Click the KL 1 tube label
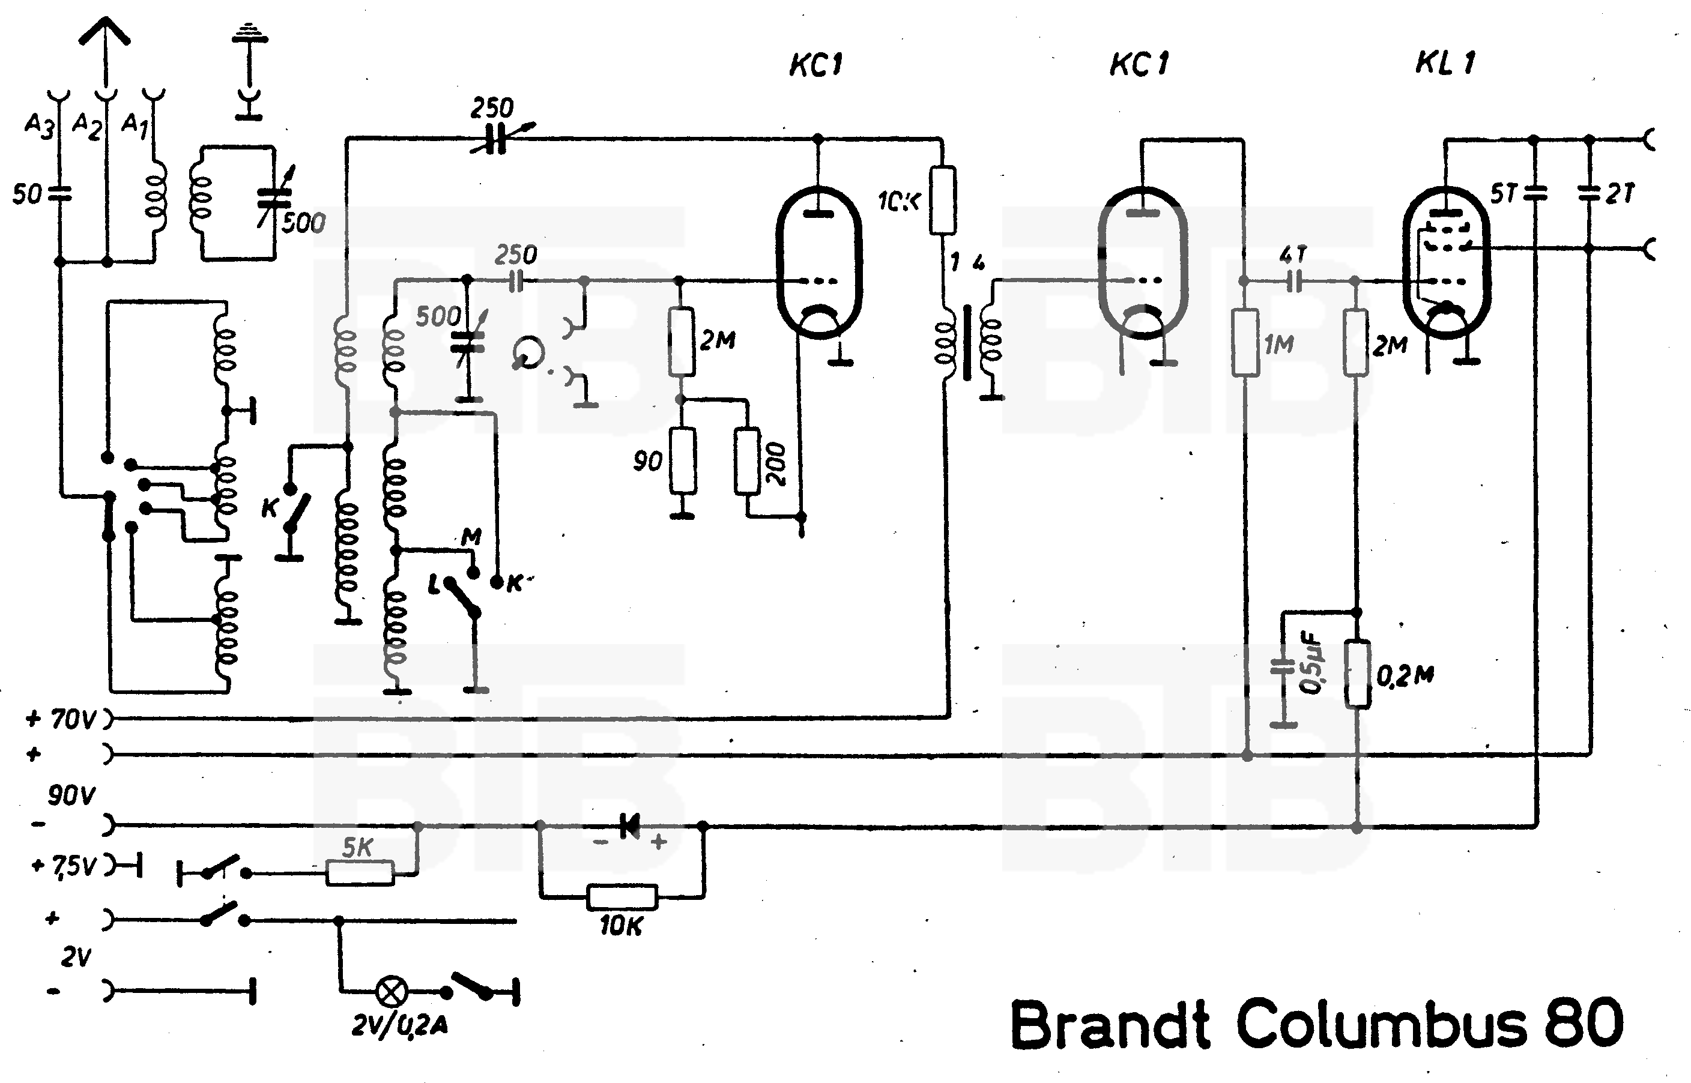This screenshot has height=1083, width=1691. coord(1445,63)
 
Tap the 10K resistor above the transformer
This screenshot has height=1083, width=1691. coord(943,201)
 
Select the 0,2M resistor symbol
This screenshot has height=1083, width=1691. coord(1358,674)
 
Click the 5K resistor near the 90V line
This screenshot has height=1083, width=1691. coord(360,873)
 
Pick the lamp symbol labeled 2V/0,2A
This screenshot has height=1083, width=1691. coord(392,992)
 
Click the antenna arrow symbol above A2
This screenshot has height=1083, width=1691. coord(105,35)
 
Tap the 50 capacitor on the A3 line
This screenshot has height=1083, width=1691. coord(60,193)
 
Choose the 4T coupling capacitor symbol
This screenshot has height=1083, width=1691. coord(1294,282)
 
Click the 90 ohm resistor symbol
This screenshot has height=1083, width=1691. coord(682,460)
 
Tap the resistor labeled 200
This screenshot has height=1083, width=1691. coord(748,460)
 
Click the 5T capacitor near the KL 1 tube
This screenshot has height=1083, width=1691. coord(1534,193)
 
